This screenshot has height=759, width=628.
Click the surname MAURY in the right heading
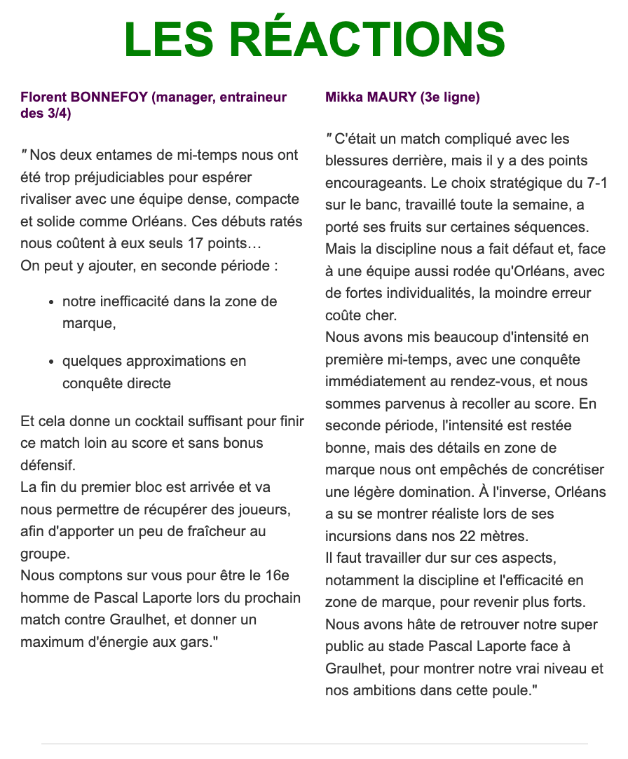click(392, 97)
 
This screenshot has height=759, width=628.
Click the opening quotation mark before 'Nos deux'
click(25, 153)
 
